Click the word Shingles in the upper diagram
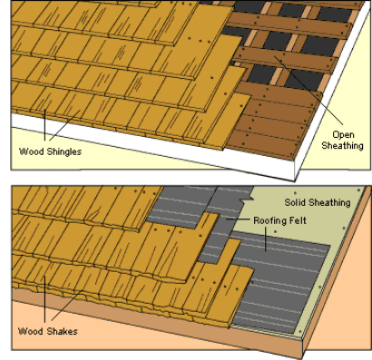tap(64, 151)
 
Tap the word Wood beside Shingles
tap(32, 151)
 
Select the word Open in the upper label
tap(343, 135)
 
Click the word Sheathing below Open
tap(342, 146)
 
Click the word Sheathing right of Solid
tap(329, 202)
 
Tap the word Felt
tap(298, 220)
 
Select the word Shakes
tap(63, 331)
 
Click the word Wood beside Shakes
tap(30, 331)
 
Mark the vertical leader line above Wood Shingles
tap(44, 124)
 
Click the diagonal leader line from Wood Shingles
tap(64, 125)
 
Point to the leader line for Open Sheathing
tap(308, 90)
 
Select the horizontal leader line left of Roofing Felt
tap(239, 219)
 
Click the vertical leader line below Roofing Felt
tap(266, 239)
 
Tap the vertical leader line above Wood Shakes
tap(44, 298)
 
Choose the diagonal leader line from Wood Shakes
tap(67, 305)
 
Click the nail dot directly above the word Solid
tap(295, 193)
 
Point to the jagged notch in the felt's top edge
tap(247, 199)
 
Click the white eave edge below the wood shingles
tap(152, 144)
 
